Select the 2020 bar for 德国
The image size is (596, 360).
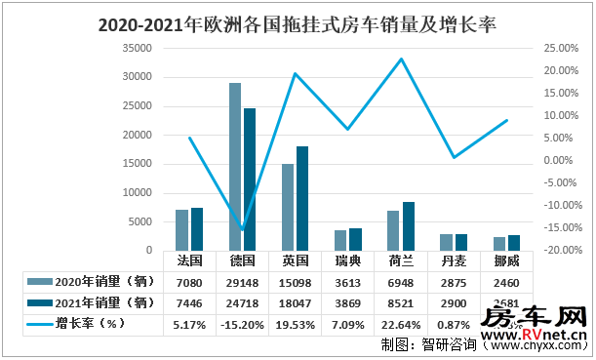pyautogui.click(x=235, y=167)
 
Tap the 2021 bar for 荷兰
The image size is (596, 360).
pyautogui.click(x=408, y=226)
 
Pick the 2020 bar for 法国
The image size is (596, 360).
pyautogui.click(x=182, y=230)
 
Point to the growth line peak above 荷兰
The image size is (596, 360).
pyautogui.click(x=401, y=60)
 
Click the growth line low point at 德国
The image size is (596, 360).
pyautogui.click(x=242, y=229)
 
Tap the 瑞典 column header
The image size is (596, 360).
pyautogui.click(x=348, y=261)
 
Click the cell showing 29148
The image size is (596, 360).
pyautogui.click(x=242, y=282)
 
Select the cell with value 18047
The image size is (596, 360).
pyautogui.click(x=295, y=302)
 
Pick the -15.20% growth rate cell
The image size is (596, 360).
pyautogui.click(x=242, y=323)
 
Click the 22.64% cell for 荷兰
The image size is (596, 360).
pyautogui.click(x=401, y=323)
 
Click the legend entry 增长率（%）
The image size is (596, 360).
pyautogui.click(x=78, y=323)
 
